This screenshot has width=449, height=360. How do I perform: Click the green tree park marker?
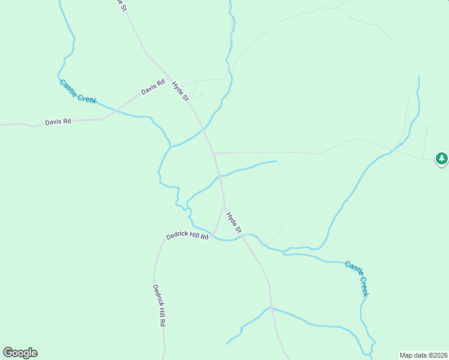tap(442, 158)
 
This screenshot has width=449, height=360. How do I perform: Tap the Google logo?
tap(20, 353)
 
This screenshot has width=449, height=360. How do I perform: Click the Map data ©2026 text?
tap(423, 355)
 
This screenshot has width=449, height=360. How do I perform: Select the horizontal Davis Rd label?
tap(58, 122)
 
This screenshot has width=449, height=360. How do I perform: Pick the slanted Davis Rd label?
tap(152, 88)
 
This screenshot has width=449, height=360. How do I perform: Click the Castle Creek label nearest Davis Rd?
tap(78, 91)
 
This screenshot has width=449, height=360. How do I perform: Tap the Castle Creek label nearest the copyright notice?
tap(357, 278)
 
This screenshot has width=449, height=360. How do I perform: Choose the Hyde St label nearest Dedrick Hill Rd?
tap(234, 221)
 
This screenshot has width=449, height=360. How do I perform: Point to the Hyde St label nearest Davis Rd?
tap(180, 91)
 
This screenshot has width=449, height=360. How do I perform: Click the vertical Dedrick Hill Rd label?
tap(158, 305)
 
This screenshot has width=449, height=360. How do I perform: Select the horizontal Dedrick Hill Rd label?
tap(187, 236)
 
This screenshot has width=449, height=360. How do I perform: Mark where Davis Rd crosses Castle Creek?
tap(116, 110)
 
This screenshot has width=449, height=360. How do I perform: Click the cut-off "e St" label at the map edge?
tap(122, 5)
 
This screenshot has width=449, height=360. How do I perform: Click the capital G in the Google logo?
tap(8, 353)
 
